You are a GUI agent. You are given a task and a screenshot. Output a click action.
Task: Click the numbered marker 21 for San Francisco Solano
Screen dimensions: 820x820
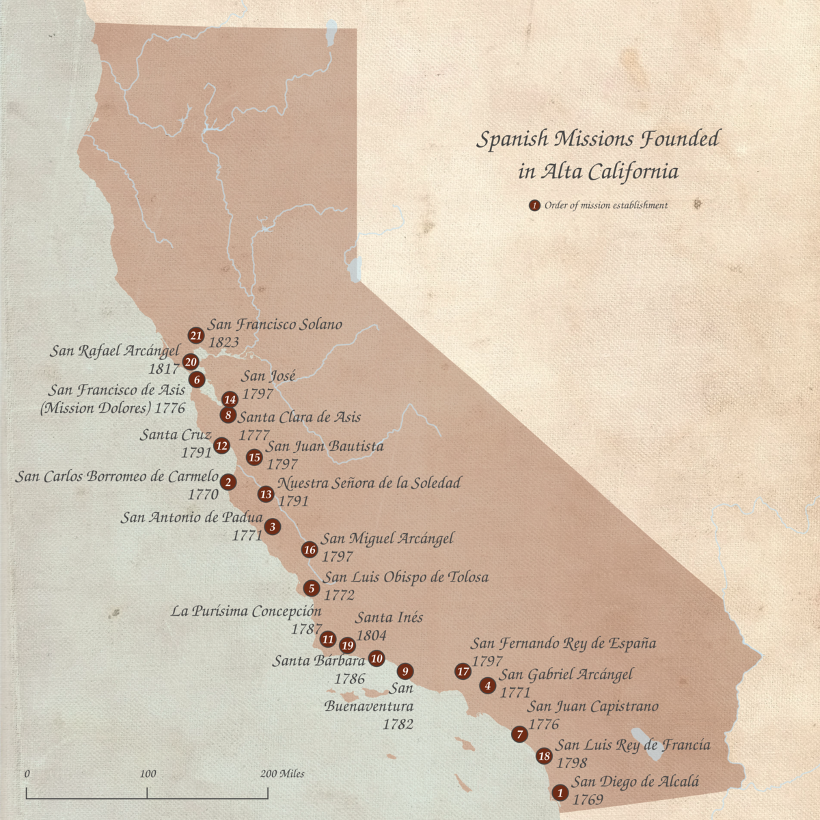pos(196,335)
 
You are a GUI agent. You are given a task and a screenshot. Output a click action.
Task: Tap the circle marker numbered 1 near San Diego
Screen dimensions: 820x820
pos(560,793)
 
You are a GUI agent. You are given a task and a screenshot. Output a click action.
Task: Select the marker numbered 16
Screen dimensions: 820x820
pos(310,549)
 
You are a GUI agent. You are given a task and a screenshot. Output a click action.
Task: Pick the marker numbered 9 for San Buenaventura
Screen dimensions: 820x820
pos(405,671)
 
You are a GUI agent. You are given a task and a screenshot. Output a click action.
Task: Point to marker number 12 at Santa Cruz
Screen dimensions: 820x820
pos(221,446)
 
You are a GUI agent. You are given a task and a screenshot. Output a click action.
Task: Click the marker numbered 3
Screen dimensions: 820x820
pos(272,526)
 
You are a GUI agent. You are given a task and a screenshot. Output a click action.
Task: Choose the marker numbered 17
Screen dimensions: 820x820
pos(463,672)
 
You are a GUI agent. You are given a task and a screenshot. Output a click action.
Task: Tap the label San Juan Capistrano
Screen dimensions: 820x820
pos(592,707)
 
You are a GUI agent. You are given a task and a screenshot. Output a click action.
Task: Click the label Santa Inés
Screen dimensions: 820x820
pos(389,617)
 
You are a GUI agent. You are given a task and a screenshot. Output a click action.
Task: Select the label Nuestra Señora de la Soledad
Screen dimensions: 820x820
pos(369,483)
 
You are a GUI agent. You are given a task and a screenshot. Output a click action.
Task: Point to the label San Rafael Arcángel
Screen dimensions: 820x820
pos(114,351)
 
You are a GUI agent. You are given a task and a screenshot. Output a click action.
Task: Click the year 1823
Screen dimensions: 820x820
pos(223,342)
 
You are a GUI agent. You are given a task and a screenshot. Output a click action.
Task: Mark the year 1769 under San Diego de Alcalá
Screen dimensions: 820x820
pos(588,799)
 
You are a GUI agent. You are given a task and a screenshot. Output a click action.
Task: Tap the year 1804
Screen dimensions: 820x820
pos(371,635)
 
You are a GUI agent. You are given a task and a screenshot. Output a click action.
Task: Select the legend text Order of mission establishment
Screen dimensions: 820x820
pos(605,205)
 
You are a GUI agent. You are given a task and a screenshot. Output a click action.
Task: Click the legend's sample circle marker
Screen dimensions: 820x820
pos(534,205)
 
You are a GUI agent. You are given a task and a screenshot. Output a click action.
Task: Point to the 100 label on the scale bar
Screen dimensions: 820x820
pos(148,774)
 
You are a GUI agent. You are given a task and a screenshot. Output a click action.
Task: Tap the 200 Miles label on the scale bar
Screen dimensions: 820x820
pos(282,774)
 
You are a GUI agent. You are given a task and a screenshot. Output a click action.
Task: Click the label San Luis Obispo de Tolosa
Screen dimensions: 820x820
pos(405,577)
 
